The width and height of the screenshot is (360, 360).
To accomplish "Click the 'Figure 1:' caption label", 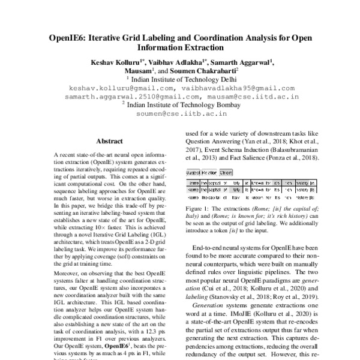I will (x=198, y=207).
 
